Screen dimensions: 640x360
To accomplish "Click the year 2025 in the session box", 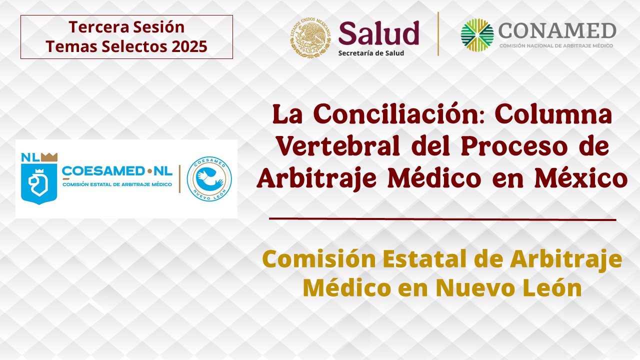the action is (189, 46).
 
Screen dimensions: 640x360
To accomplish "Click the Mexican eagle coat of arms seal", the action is (311, 37).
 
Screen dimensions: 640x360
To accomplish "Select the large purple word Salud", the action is (379, 33).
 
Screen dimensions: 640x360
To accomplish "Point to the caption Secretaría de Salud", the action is (371, 53).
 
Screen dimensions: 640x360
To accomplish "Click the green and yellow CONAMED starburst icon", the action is (477, 35).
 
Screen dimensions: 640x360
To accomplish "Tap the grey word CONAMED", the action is (557, 31).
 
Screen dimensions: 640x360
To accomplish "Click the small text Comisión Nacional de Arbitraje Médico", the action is (556, 45).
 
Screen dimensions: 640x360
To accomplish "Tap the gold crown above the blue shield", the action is (49, 157).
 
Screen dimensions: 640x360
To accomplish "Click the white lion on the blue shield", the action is (38, 183).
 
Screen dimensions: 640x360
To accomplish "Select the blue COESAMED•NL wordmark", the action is (117, 171).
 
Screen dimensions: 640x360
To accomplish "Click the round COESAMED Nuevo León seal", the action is (209, 178).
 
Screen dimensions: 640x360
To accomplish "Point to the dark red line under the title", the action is (442, 219).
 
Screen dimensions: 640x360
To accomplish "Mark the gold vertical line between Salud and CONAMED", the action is (438, 33).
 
